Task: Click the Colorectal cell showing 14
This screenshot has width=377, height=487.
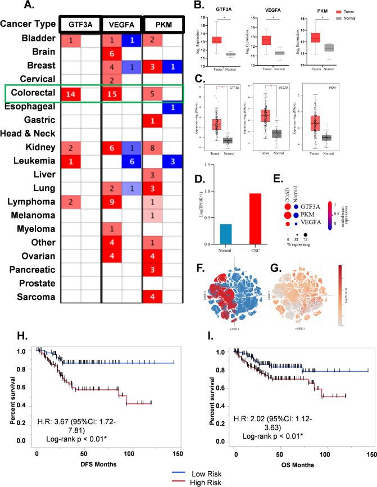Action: (71, 93)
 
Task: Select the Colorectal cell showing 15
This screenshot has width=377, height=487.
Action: (111, 93)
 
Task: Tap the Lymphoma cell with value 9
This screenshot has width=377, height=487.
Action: (111, 202)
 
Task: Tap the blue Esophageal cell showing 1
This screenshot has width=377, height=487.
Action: (172, 107)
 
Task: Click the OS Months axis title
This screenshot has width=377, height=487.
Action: (297, 461)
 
